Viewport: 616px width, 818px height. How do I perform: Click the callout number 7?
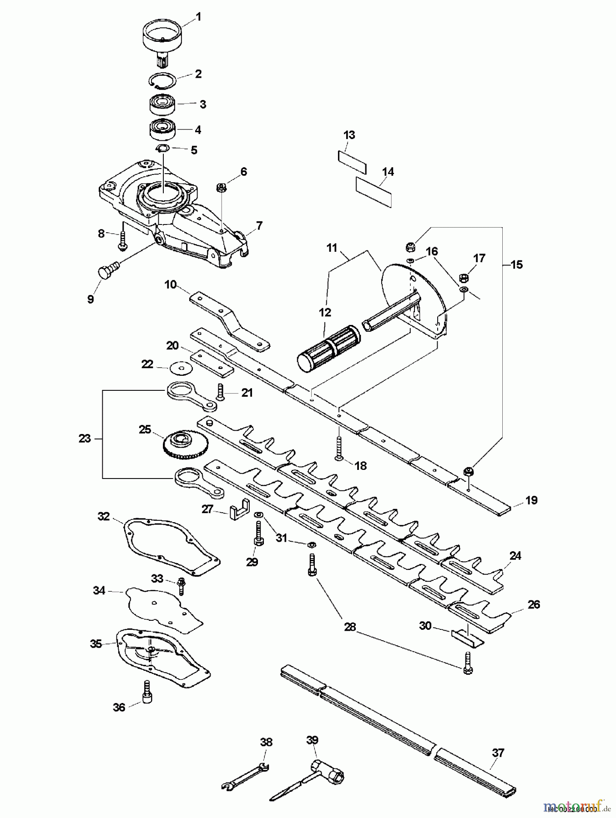click(x=259, y=225)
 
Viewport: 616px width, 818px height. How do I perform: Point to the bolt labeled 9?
click(x=106, y=271)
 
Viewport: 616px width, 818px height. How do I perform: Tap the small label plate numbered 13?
click(x=352, y=162)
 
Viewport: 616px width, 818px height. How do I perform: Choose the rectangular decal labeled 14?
click(x=374, y=192)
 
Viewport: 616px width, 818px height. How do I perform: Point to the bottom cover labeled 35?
click(x=161, y=659)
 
